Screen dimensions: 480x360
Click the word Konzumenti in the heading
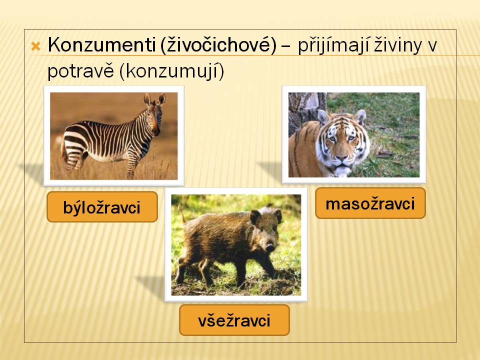(x=101, y=44)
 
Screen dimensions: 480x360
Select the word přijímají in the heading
(x=334, y=46)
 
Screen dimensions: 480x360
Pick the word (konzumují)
(x=171, y=72)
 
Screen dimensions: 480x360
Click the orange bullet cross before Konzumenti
(x=36, y=46)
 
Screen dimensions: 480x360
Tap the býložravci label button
(x=102, y=206)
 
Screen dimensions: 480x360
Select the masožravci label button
(x=370, y=203)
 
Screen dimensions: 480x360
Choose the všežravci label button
(x=234, y=320)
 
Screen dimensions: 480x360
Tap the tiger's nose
(x=342, y=158)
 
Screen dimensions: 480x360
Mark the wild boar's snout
(x=270, y=246)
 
